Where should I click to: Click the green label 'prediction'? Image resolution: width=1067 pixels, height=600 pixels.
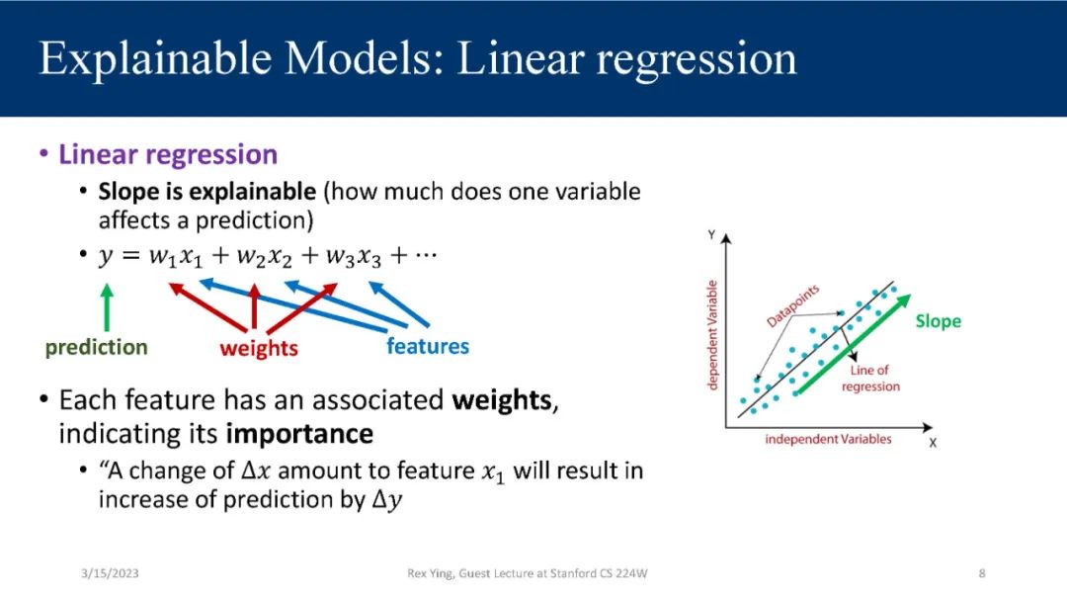click(x=96, y=347)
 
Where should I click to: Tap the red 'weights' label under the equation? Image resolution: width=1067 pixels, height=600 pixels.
click(x=259, y=348)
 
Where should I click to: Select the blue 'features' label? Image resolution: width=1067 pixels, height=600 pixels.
click(x=428, y=346)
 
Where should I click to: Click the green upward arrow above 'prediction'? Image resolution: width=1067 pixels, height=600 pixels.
click(x=107, y=307)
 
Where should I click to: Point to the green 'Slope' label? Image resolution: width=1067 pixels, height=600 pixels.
click(x=939, y=321)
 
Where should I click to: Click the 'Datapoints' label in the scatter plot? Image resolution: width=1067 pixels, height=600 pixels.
click(x=792, y=305)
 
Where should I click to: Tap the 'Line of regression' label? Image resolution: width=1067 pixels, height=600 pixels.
click(x=870, y=378)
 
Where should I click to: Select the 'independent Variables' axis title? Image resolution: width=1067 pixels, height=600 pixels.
click(x=828, y=439)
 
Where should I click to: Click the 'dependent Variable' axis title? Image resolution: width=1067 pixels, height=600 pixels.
click(x=712, y=335)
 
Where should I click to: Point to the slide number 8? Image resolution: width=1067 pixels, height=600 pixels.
click(x=982, y=573)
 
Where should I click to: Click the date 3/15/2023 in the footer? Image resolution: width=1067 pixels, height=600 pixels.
click(x=110, y=573)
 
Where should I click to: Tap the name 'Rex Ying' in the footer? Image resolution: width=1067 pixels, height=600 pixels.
click(x=430, y=573)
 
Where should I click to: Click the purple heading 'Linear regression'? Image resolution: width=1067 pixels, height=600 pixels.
click(x=168, y=154)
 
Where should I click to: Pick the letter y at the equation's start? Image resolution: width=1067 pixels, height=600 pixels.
click(x=106, y=257)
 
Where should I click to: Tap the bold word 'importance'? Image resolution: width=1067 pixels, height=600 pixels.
click(x=299, y=435)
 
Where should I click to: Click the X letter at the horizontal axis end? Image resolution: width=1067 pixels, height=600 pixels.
click(x=933, y=443)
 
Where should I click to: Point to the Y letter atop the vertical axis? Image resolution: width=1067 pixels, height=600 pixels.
click(x=711, y=235)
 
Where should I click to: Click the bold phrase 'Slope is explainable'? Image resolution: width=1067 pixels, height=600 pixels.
click(x=207, y=192)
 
